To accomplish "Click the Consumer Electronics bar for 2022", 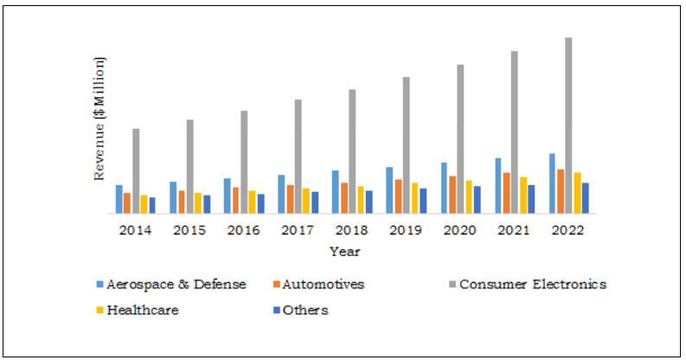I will [568, 125].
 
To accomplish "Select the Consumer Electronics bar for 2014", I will [136, 170].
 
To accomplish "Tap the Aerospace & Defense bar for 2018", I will [335, 191].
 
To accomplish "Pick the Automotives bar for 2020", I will [452, 194].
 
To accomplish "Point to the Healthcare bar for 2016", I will [252, 202].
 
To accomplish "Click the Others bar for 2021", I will [531, 198].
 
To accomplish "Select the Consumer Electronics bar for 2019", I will [406, 145].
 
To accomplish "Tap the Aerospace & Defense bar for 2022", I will [551, 183].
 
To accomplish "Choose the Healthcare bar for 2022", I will [577, 192].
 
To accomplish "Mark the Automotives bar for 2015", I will [181, 202].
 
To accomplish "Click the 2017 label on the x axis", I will [296, 231].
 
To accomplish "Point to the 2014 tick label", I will [136, 231].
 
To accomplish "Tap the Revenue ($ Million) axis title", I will [99, 119].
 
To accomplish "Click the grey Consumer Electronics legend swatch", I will [450, 285].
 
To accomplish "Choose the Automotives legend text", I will [323, 284].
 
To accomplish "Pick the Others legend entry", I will [305, 310].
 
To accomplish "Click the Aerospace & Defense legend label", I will [176, 284].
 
